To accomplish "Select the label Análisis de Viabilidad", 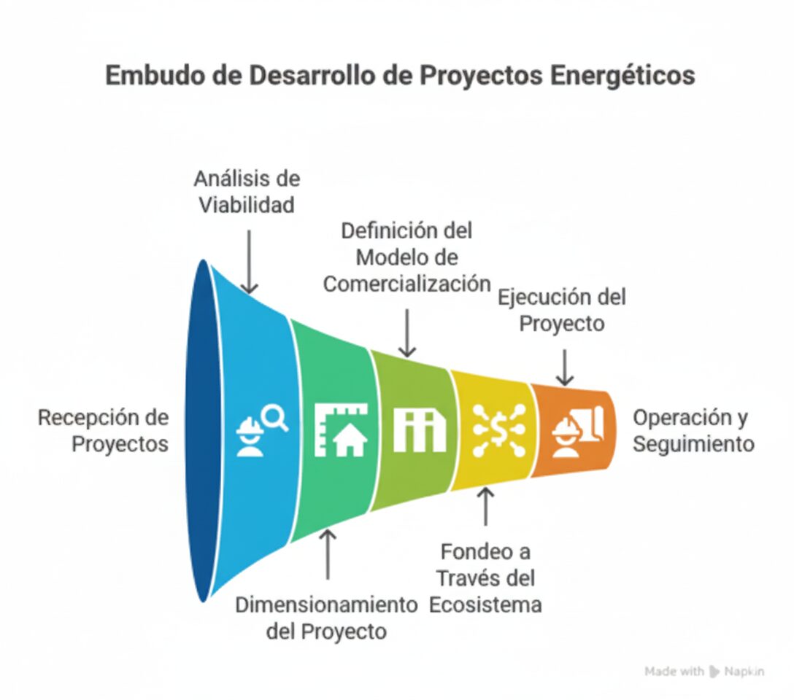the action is (247, 192).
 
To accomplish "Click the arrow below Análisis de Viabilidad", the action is (249, 262).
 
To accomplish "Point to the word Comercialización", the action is (407, 284).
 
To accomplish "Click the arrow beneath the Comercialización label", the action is (407, 333).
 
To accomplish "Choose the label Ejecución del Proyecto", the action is (562, 311).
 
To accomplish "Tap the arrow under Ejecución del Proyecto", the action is (565, 367).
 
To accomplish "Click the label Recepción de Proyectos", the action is (104, 431).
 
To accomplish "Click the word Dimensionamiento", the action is (327, 604).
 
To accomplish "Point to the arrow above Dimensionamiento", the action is (328, 554).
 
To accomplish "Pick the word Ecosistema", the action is (485, 605).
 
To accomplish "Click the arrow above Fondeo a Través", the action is (485, 506).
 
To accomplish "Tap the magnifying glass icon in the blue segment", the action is (277, 419).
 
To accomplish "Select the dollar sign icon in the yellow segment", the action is (499, 430).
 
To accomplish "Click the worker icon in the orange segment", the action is (566, 435).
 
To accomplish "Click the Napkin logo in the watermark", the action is (714, 672).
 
